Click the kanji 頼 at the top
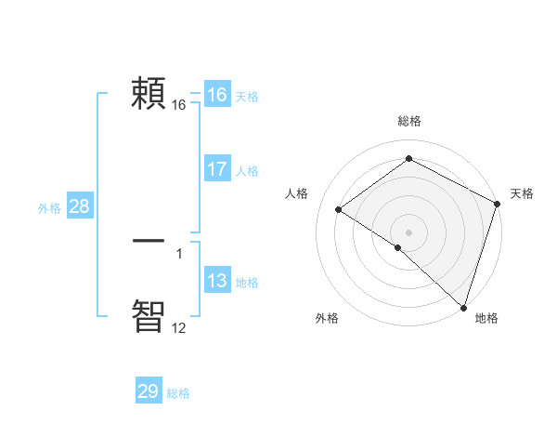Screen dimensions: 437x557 149,93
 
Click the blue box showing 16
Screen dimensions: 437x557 216,95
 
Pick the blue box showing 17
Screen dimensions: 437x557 216,169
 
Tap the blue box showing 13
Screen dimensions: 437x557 216,281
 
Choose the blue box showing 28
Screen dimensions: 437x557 79,206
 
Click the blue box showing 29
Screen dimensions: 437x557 148,391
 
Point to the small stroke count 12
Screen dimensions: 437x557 178,328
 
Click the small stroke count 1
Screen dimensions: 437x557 179,254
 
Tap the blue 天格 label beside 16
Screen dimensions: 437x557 246,97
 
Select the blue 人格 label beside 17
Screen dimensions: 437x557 246,171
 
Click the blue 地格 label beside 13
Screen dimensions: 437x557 246,283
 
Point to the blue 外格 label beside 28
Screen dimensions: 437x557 49,208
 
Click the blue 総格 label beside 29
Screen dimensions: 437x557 178,393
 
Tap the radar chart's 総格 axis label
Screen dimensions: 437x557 409,122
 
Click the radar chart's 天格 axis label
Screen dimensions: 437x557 522,193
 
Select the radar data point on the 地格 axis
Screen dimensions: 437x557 463,306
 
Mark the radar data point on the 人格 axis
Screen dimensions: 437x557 339,210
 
